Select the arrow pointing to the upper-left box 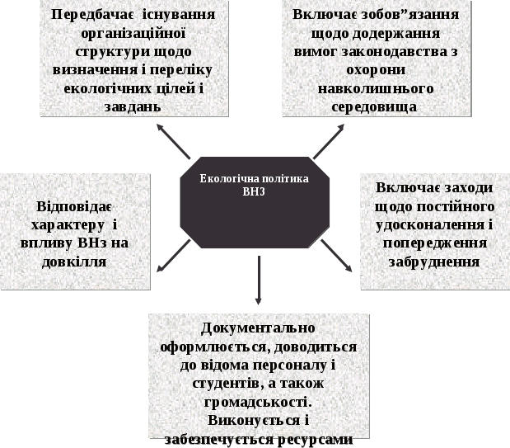coord(175,141)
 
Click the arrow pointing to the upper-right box coord(328,141)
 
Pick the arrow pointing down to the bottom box coord(259,280)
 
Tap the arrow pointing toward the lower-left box coord(174,256)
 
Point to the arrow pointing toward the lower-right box coord(336,255)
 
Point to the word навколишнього coord(376,88)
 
